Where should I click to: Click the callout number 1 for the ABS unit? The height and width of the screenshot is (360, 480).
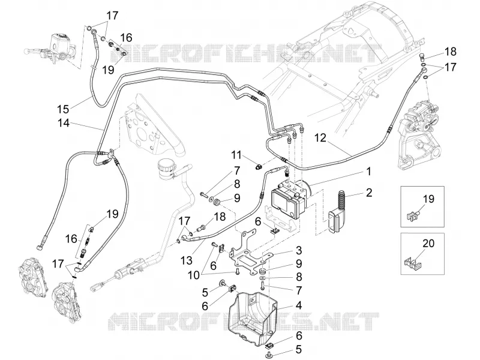pos(369,172)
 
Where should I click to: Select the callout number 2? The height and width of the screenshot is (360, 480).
pos(369,193)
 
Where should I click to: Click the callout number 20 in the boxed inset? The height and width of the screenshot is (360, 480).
pos(428,244)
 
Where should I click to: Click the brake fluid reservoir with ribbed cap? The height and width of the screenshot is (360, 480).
pos(166,169)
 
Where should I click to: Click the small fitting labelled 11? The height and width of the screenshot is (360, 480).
pos(260,167)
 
